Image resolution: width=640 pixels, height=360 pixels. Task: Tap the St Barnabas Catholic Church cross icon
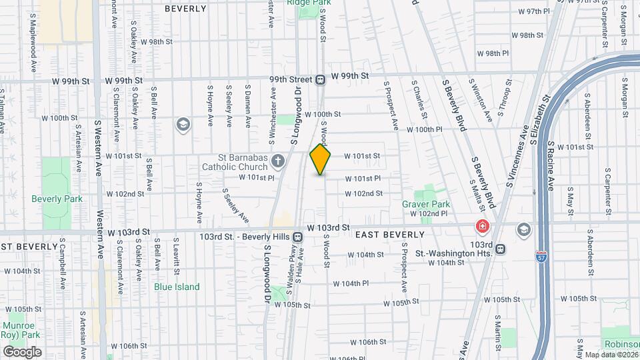click(x=278, y=160)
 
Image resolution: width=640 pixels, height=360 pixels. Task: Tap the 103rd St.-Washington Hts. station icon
click(x=500, y=249)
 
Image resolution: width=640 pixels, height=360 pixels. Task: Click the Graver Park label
click(x=426, y=204)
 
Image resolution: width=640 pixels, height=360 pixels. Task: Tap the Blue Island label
click(x=177, y=287)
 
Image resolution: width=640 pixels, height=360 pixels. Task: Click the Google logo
click(x=22, y=351)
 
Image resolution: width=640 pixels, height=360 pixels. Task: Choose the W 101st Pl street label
click(x=257, y=178)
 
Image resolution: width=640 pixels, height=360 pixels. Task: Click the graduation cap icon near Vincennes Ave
click(x=524, y=229)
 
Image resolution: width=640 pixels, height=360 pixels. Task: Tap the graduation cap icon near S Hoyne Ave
click(x=182, y=125)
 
